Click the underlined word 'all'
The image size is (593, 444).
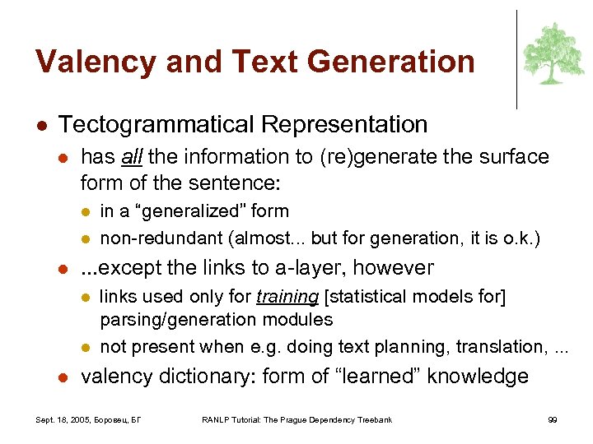pyautogui.click(x=131, y=157)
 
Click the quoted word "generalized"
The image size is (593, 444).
pyautogui.click(x=182, y=211)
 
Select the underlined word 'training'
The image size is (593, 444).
pyautogui.click(x=287, y=296)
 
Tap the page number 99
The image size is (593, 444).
pyautogui.click(x=553, y=420)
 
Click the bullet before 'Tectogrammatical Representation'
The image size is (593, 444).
pyautogui.click(x=40, y=126)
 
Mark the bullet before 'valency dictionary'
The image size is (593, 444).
pyautogui.click(x=63, y=377)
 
